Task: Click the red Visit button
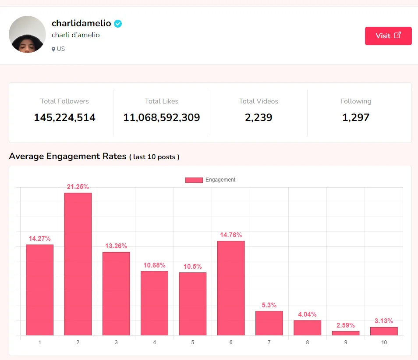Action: coord(388,36)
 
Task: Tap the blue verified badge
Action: coord(118,24)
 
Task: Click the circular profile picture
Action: coord(27,34)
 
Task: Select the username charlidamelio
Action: coord(81,24)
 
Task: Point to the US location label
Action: coord(58,49)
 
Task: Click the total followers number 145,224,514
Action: coord(64,118)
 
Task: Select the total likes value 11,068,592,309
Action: coord(162,118)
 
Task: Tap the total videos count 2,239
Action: coord(259,118)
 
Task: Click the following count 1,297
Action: coord(356,118)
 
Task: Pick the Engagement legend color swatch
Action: coord(194,180)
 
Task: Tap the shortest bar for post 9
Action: coord(346,333)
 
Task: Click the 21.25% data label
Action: coord(78,187)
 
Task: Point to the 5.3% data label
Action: coord(269,305)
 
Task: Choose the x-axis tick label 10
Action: coord(384,342)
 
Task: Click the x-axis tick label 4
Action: coord(154,342)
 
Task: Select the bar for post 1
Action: coord(39,290)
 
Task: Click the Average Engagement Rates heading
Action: coord(67,156)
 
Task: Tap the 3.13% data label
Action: coord(384,321)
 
